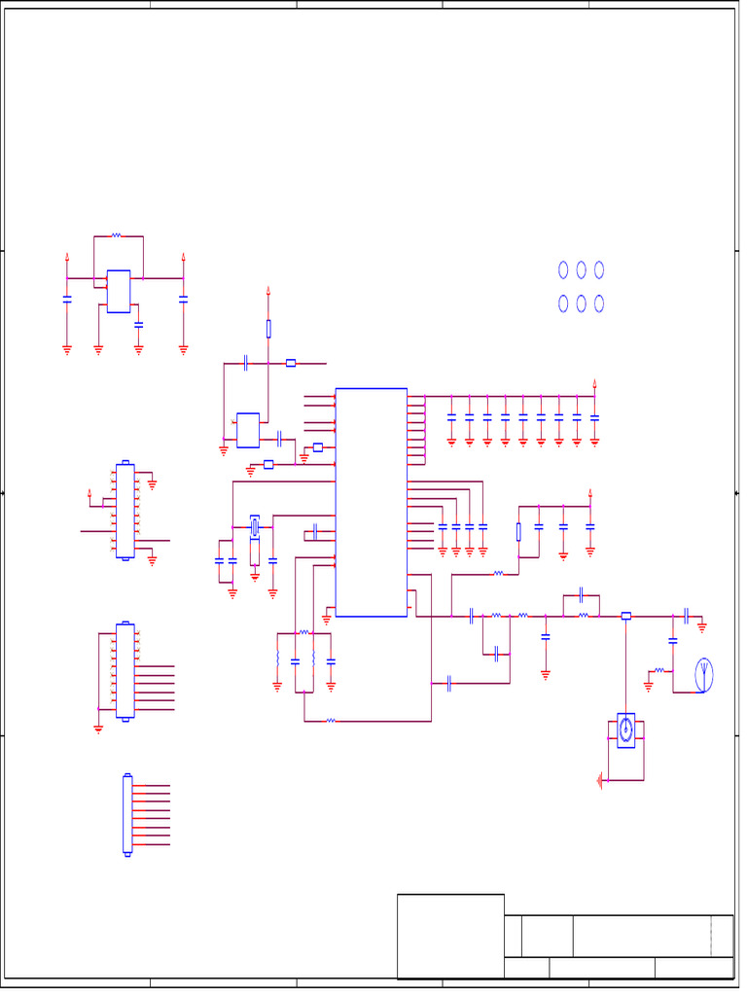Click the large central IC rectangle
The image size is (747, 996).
pyautogui.click(x=371, y=502)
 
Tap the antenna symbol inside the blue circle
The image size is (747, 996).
pyautogui.click(x=703, y=674)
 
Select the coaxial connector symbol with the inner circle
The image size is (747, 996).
pyautogui.click(x=625, y=729)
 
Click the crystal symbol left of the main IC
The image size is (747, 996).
pyautogui.click(x=255, y=527)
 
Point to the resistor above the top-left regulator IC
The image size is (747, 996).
pyautogui.click(x=116, y=235)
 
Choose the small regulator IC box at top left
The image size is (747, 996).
pyautogui.click(x=118, y=291)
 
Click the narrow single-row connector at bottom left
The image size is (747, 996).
pyautogui.click(x=127, y=814)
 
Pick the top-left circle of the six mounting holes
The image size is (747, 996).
pyautogui.click(x=563, y=269)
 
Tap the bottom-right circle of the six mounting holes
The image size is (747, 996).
pyautogui.click(x=599, y=303)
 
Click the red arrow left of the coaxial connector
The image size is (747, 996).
pyautogui.click(x=601, y=779)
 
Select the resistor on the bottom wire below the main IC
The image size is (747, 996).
pyautogui.click(x=331, y=721)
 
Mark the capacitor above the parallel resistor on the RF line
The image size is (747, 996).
pyautogui.click(x=581, y=592)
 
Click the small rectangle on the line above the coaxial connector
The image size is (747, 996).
pyautogui.click(x=625, y=616)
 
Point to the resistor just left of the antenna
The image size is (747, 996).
pyautogui.click(x=659, y=670)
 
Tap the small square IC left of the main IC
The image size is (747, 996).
pyautogui.click(x=248, y=430)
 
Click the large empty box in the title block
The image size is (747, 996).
pyautogui.click(x=450, y=936)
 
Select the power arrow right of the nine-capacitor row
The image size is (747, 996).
pyautogui.click(x=594, y=382)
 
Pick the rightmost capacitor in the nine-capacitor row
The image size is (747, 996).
pyautogui.click(x=594, y=417)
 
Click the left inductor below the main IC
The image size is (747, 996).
pyautogui.click(x=278, y=660)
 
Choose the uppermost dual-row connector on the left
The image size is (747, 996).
pyautogui.click(x=124, y=511)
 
